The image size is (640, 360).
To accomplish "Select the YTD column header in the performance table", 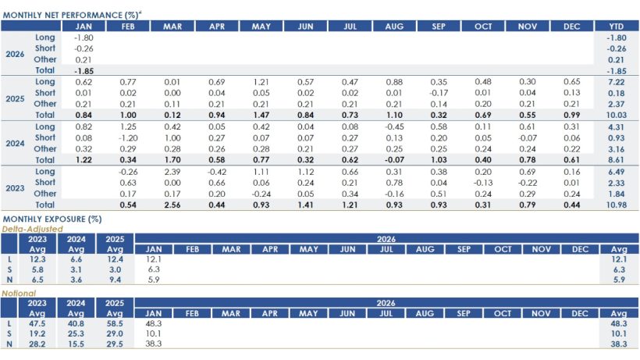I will point(616,27).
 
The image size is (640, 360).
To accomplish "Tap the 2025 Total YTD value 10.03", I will point(616,115).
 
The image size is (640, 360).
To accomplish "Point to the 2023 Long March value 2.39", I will point(172,171).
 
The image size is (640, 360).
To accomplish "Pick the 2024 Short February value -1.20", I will point(129,137).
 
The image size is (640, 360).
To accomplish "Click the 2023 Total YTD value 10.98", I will point(616,205).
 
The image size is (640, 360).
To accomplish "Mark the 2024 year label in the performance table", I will point(16,143).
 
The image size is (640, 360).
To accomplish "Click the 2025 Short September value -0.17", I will point(439,93).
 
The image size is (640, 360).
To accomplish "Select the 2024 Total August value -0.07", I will point(394,159).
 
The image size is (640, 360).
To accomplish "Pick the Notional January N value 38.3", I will point(154,344).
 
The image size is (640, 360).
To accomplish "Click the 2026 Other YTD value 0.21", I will point(616,59).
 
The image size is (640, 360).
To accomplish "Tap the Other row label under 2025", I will point(45,104).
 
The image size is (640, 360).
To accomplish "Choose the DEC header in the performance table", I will point(571,27).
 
